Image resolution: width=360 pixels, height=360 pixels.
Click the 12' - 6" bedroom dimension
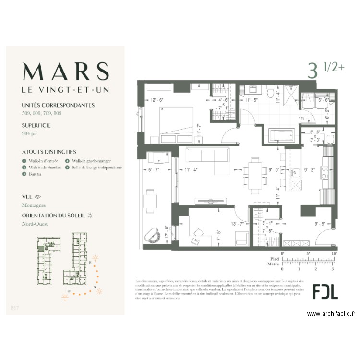coord(157,100)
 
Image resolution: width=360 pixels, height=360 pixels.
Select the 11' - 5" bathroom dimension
coord(252,101)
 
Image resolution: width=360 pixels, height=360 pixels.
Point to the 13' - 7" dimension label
coord(238,223)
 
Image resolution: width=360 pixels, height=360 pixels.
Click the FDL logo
coord(325,291)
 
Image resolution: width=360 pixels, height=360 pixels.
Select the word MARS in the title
coord(65,71)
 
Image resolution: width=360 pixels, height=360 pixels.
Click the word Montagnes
coord(34,205)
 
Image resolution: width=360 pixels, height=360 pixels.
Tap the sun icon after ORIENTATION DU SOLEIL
coord(90,216)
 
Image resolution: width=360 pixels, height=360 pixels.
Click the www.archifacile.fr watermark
coord(331,314)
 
